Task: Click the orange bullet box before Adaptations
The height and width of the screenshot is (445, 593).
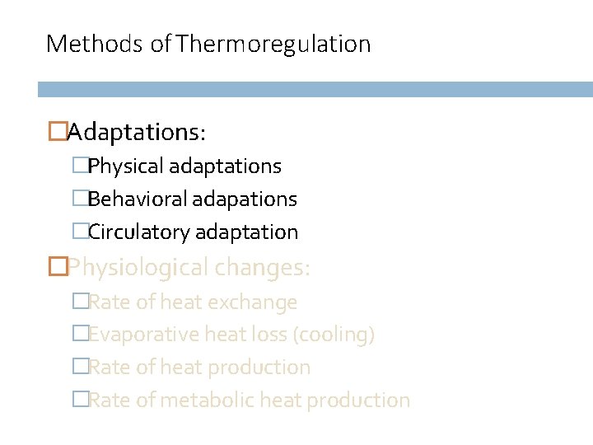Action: tap(58, 131)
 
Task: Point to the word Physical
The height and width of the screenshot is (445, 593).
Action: tap(126, 166)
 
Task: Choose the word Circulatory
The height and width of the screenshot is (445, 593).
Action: tap(139, 232)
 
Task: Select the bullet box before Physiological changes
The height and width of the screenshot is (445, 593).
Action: tap(58, 267)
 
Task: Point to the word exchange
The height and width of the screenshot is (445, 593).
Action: tap(252, 302)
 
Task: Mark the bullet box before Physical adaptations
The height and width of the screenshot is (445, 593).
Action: tap(79, 166)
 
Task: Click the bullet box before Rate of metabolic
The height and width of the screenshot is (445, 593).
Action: tap(79, 400)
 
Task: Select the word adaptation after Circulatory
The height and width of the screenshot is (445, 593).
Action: tap(246, 232)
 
